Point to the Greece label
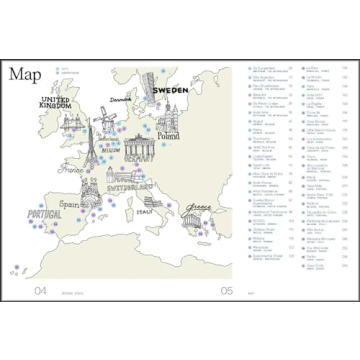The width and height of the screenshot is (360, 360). coord(197,211)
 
